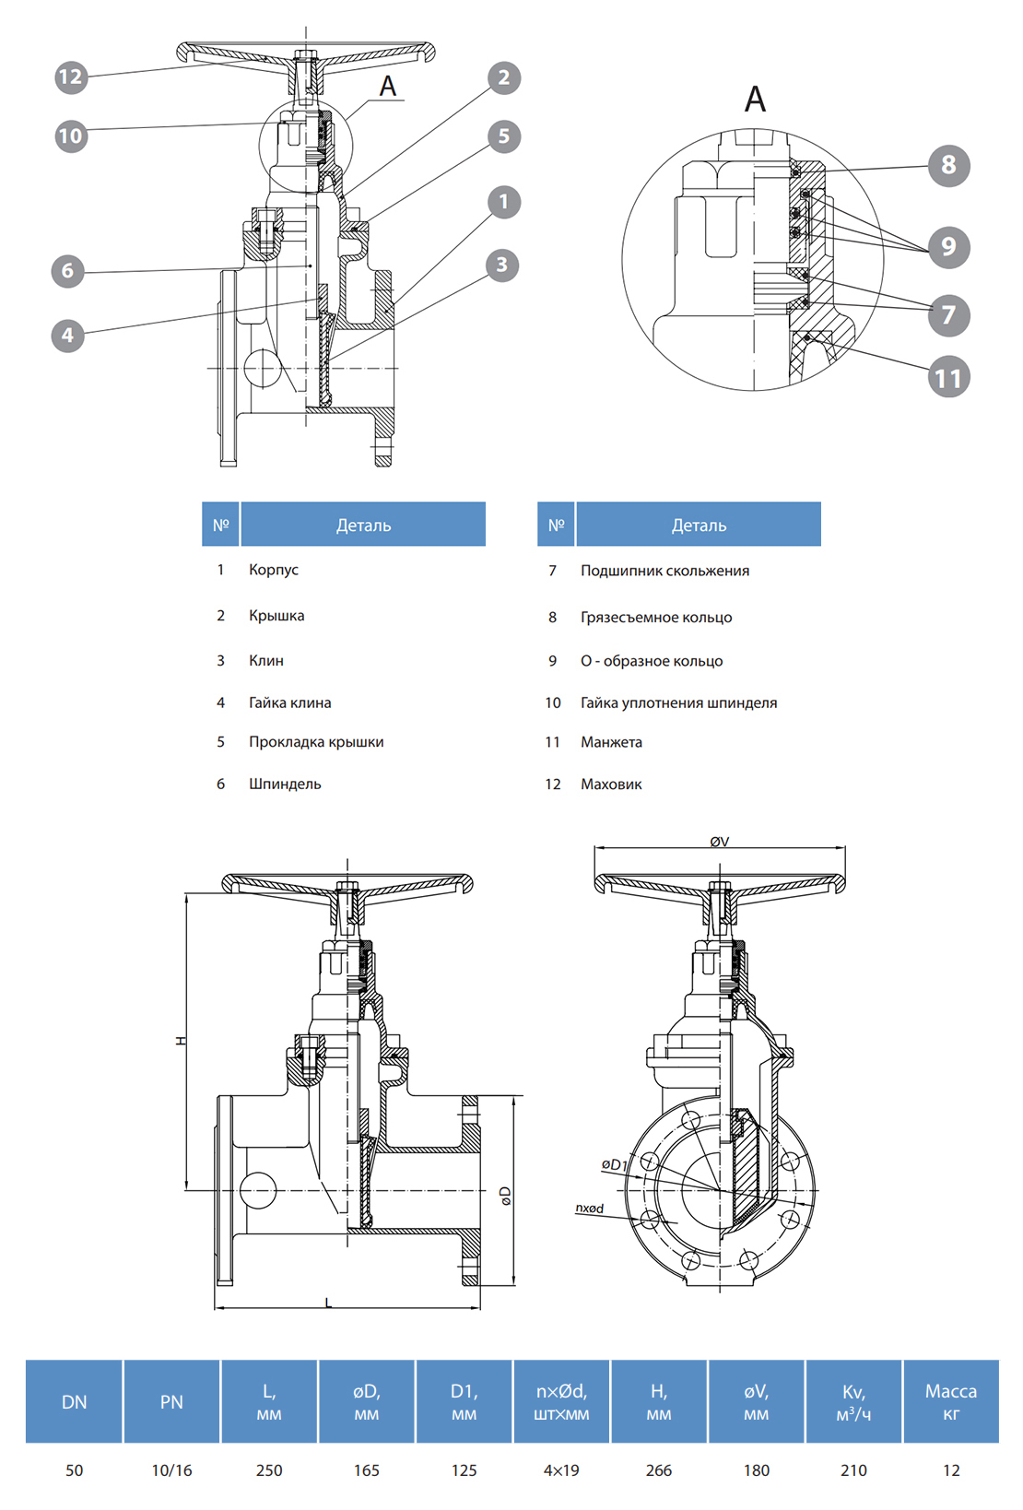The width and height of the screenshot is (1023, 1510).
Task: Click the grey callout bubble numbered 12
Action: [71, 77]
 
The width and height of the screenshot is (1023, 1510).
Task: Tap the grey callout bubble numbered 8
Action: [948, 166]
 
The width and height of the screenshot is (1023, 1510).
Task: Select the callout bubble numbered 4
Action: [67, 336]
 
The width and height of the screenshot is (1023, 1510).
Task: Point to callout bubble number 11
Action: [948, 378]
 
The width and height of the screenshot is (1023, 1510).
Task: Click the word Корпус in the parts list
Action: [274, 570]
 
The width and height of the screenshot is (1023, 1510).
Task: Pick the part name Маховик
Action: [611, 784]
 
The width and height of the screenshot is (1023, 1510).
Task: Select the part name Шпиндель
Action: [285, 784]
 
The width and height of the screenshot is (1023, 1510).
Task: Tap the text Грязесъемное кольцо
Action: [656, 618]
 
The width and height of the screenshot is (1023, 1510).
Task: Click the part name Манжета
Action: [611, 742]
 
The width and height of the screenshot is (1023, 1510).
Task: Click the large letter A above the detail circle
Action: [755, 99]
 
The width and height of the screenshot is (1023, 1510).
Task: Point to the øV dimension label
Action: [720, 842]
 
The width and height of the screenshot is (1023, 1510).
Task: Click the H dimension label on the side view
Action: [181, 1040]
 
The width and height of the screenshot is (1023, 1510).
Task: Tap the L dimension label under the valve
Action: [329, 1303]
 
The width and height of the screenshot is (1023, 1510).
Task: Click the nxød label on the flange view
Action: [590, 1208]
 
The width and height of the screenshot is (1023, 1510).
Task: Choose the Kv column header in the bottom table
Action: [853, 1401]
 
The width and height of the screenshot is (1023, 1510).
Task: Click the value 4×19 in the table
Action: [561, 1470]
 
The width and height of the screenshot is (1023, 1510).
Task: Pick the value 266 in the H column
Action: [659, 1470]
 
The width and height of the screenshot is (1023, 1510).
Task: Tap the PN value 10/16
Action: [171, 1470]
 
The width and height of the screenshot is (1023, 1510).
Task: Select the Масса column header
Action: [951, 1401]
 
